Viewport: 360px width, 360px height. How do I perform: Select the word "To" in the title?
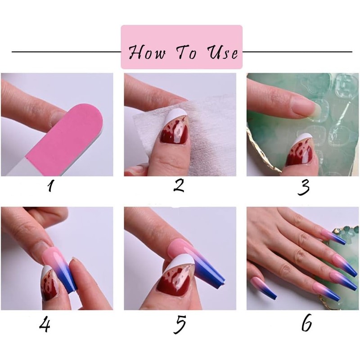tap(185, 53)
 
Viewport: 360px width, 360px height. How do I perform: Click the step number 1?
tap(51, 186)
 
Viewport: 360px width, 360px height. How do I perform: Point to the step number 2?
tap(179, 186)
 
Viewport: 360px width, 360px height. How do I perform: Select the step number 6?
tap(306, 325)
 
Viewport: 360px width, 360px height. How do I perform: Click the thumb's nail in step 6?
tap(261, 288)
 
